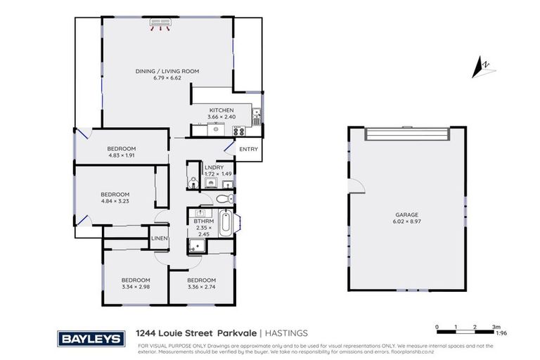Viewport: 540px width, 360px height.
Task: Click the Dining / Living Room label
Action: tap(167, 71)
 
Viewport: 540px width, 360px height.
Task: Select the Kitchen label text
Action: tap(221, 110)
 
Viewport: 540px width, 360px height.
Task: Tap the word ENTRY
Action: tap(248, 149)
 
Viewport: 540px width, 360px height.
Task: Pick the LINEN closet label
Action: tap(160, 238)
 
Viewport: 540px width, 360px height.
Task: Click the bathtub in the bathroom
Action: tap(226, 223)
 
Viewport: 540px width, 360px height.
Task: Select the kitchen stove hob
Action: tap(240, 129)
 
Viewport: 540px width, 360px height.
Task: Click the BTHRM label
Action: tap(203, 221)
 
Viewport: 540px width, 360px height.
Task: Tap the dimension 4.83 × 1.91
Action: tap(122, 155)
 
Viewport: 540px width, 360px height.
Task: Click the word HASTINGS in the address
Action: tap(286, 333)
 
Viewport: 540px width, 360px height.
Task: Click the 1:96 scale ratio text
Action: tap(501, 333)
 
